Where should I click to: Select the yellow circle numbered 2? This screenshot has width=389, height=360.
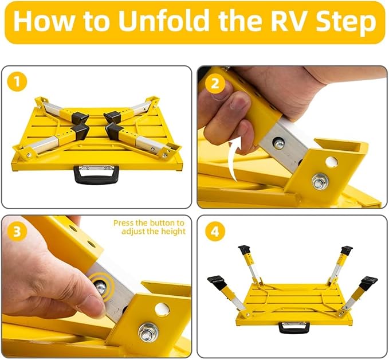(x=215, y=83)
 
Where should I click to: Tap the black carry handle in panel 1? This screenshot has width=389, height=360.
(x=96, y=174)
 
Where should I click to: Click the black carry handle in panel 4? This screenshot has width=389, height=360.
(x=294, y=328)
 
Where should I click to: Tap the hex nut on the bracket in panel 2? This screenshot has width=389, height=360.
(x=320, y=182)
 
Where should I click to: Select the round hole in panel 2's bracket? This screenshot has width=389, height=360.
(x=332, y=162)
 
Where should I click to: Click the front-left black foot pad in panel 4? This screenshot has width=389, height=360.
(x=216, y=280)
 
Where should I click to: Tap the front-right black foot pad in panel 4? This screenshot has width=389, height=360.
(x=368, y=283)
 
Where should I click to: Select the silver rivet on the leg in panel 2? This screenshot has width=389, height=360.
(x=279, y=144)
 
